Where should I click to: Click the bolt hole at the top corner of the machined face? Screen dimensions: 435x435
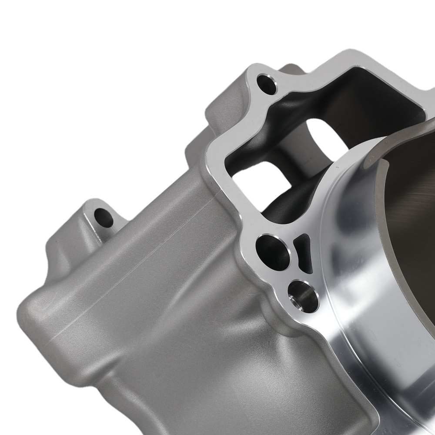click(x=266, y=84)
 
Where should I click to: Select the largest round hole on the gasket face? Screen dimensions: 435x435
click(x=273, y=252)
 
